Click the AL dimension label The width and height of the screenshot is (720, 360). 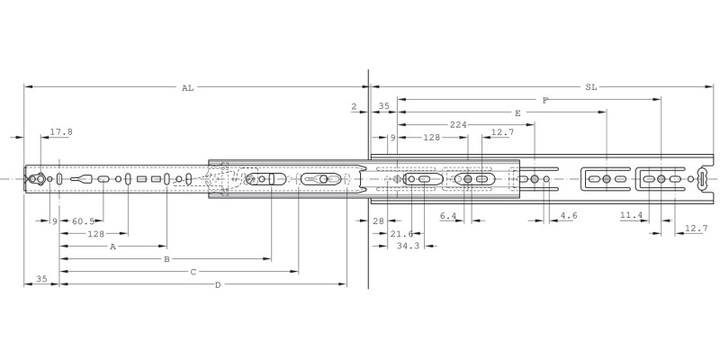coord(187,88)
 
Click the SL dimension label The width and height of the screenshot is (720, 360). coord(590,88)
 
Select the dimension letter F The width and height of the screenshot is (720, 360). coord(545,101)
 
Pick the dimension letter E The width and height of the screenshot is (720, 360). coord(517,113)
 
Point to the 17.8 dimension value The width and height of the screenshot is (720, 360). coord(61,131)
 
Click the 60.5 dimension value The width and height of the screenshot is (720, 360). coord(84,220)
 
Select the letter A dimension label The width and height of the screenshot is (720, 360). coord(112,246)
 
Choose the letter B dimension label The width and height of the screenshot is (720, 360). coord(166,258)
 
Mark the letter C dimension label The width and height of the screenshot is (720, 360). coord(193,271)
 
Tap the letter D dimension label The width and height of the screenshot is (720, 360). coord(217,284)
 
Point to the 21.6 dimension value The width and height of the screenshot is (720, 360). coord(402,233)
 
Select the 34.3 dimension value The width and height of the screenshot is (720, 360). coord(409,246)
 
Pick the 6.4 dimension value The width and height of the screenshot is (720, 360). coord(447,216)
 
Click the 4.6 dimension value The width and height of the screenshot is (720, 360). coord(569,216)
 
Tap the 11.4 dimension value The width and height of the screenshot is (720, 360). coord(631,216)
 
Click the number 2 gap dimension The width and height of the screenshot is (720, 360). coord(355,106)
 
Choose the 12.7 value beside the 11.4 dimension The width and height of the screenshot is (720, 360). coord(696,229)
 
